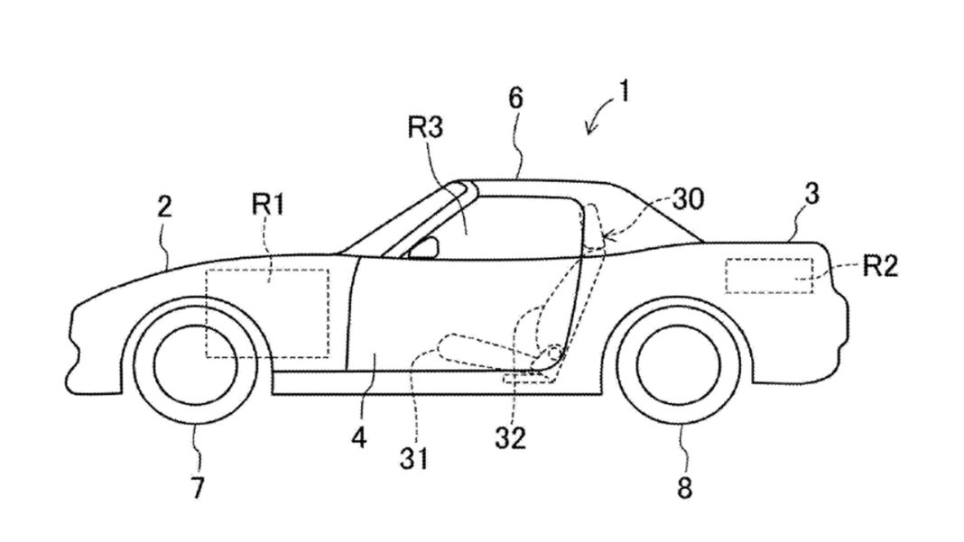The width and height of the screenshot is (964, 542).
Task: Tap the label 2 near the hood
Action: (x=163, y=207)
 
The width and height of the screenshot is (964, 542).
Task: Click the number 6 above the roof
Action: (x=515, y=98)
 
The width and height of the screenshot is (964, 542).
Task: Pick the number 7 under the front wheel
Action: (x=197, y=488)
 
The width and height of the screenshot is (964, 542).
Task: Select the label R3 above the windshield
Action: (x=426, y=127)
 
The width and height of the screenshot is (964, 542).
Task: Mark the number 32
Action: (x=510, y=437)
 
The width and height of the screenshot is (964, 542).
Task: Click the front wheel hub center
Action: (x=196, y=364)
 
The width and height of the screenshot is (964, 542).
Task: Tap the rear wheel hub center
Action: (x=680, y=364)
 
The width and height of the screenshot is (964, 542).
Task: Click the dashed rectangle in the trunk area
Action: (x=768, y=275)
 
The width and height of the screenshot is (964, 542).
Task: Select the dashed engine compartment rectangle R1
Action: (x=267, y=312)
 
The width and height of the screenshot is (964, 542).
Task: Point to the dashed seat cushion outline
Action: (x=487, y=348)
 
